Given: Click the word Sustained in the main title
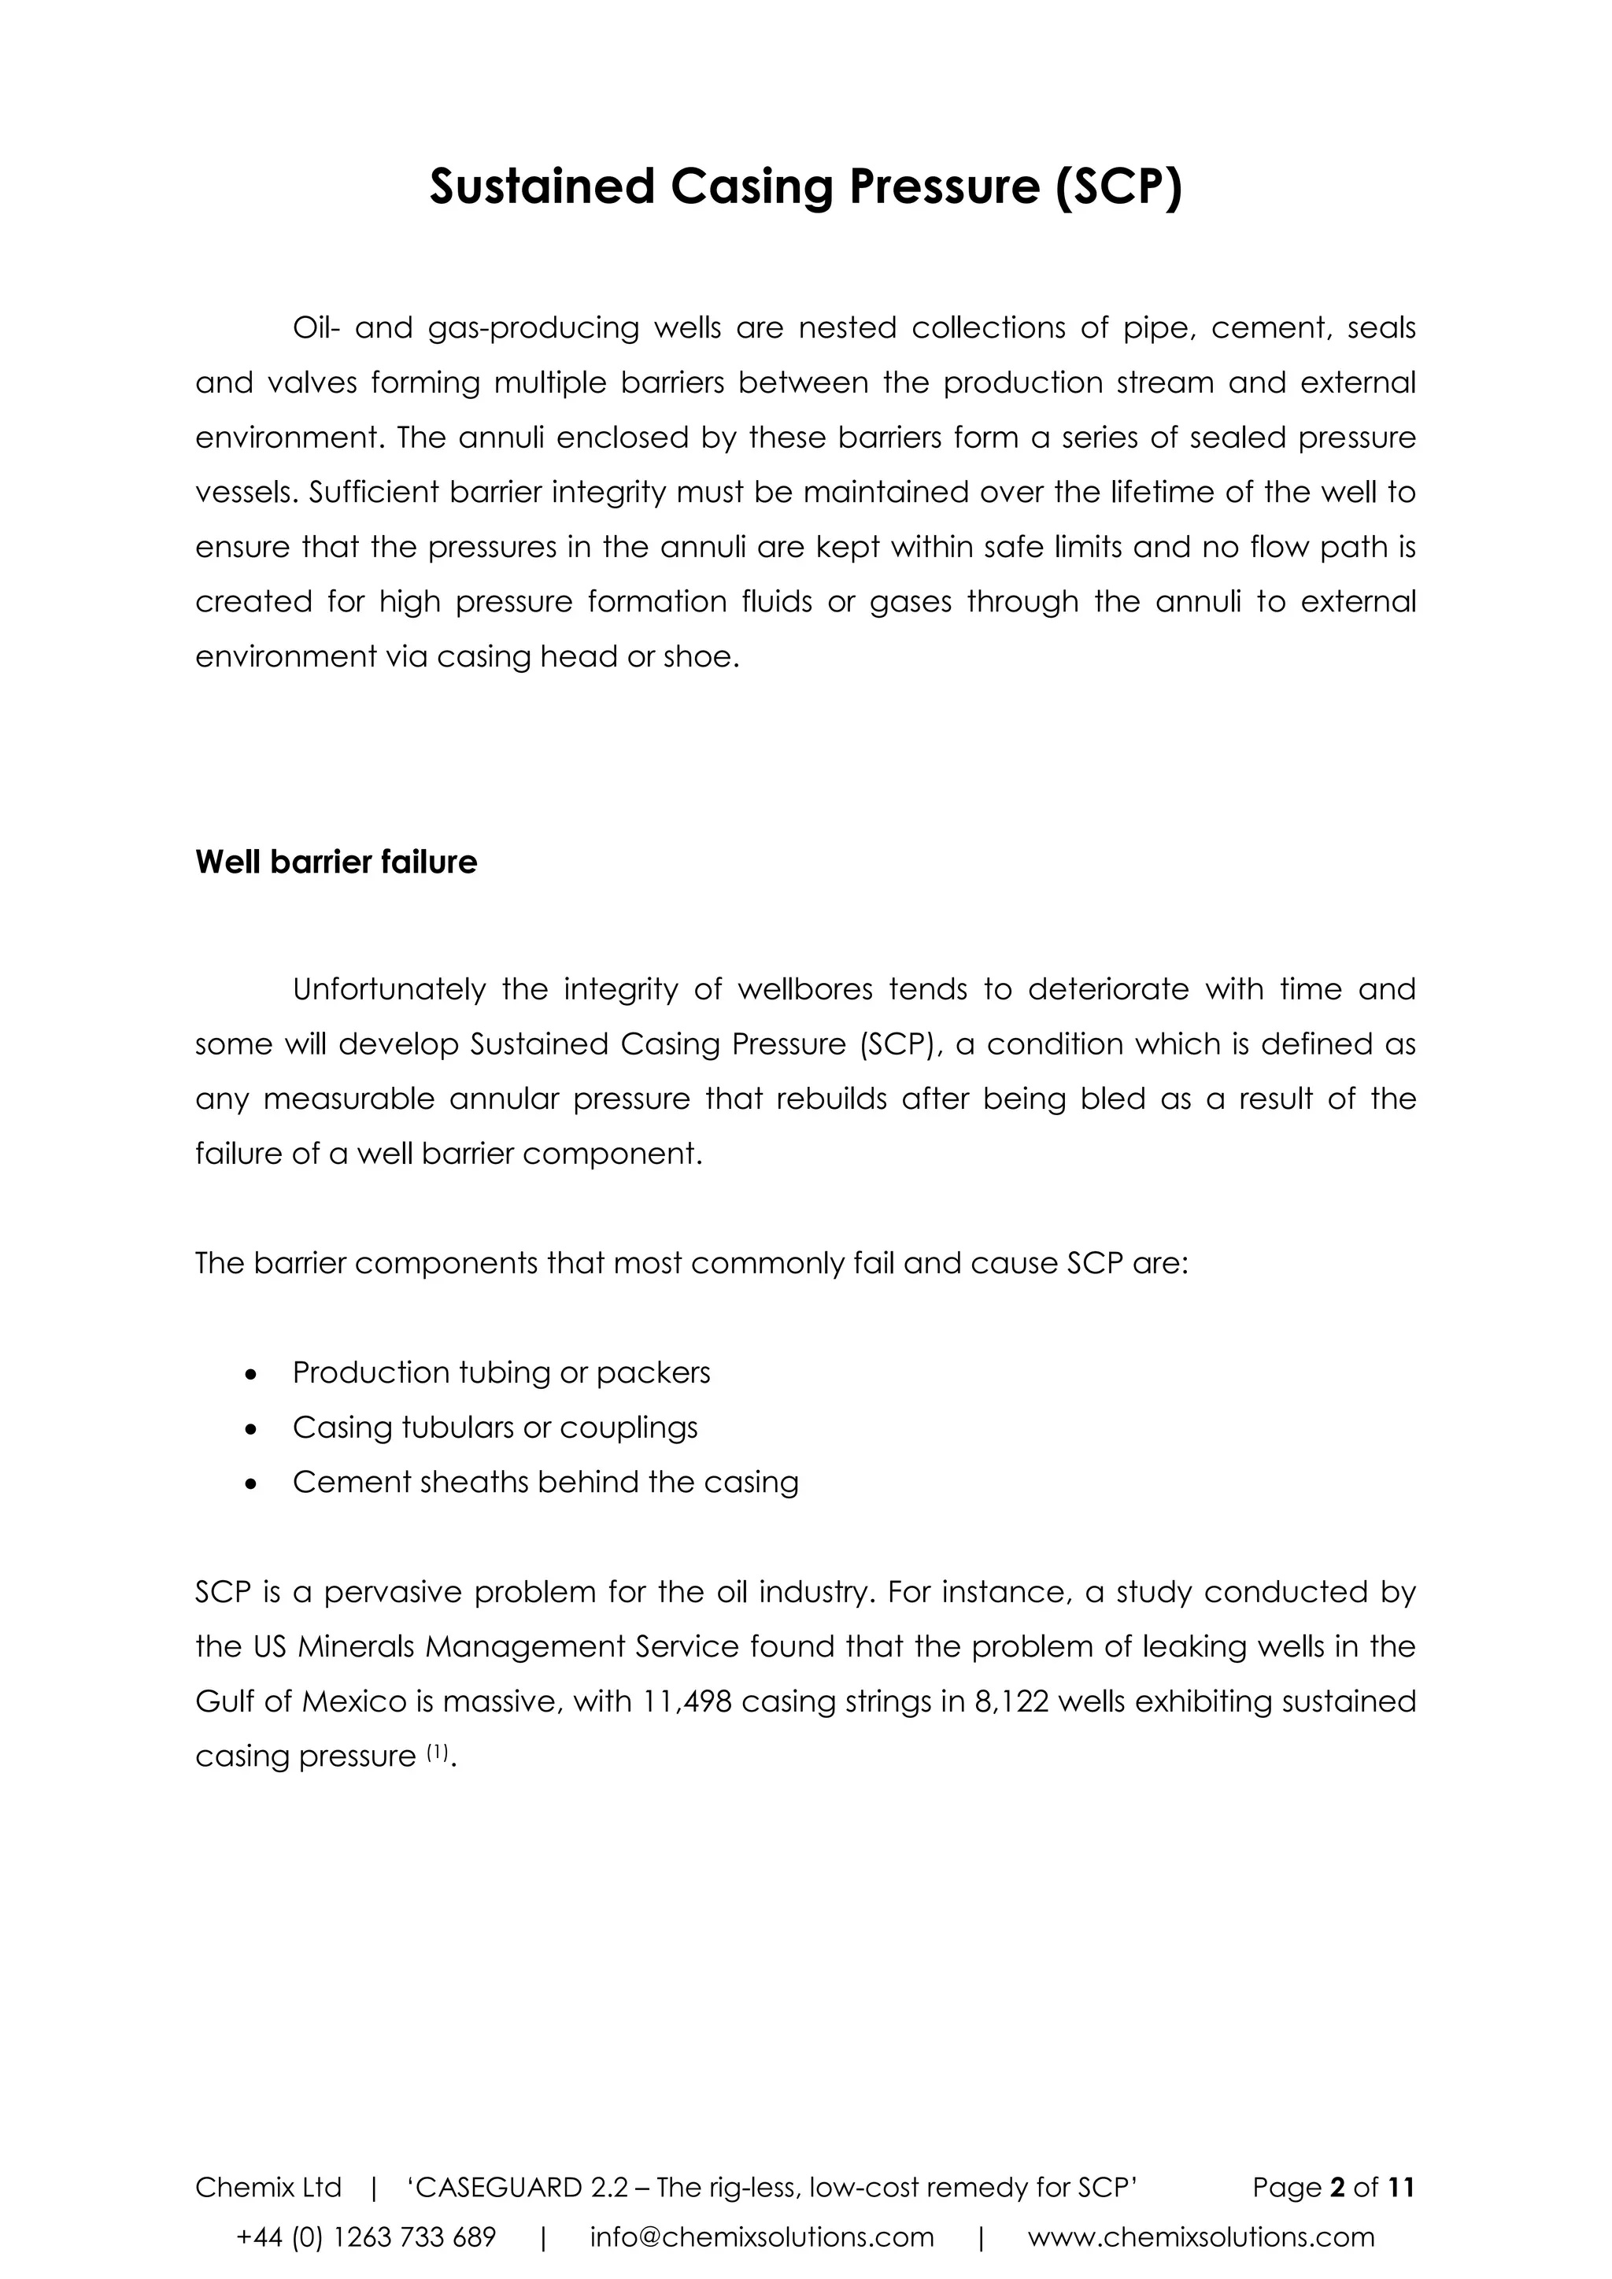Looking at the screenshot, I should click(541, 187).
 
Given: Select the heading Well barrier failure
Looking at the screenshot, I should click(335, 862).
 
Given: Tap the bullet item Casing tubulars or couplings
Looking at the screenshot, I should click(494, 1428).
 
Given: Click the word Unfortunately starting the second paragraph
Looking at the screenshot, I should click(389, 990).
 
